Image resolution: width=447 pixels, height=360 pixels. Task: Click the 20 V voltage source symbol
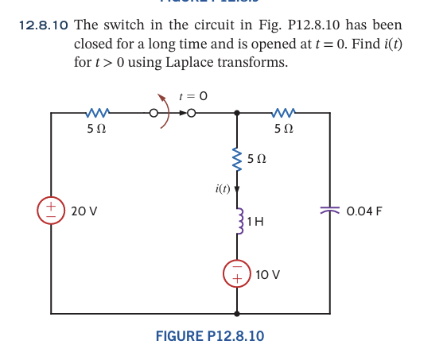pyautogui.click(x=51, y=211)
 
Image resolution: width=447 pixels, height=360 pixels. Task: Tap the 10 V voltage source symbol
pyautogui.click(x=236, y=274)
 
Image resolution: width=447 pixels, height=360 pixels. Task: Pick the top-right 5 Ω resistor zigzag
pyautogui.click(x=283, y=114)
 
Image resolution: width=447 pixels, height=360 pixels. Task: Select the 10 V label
pyautogui.click(x=268, y=275)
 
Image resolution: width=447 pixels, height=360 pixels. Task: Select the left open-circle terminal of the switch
pyautogui.click(x=156, y=114)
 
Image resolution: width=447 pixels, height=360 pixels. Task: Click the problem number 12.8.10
pyautogui.click(x=42, y=25)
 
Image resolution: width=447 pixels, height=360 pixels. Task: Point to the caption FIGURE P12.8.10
pyautogui.click(x=210, y=336)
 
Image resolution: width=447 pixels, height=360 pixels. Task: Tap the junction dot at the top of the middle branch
pyautogui.click(x=236, y=114)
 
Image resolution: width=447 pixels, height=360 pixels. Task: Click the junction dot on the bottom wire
pyautogui.click(x=236, y=312)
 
